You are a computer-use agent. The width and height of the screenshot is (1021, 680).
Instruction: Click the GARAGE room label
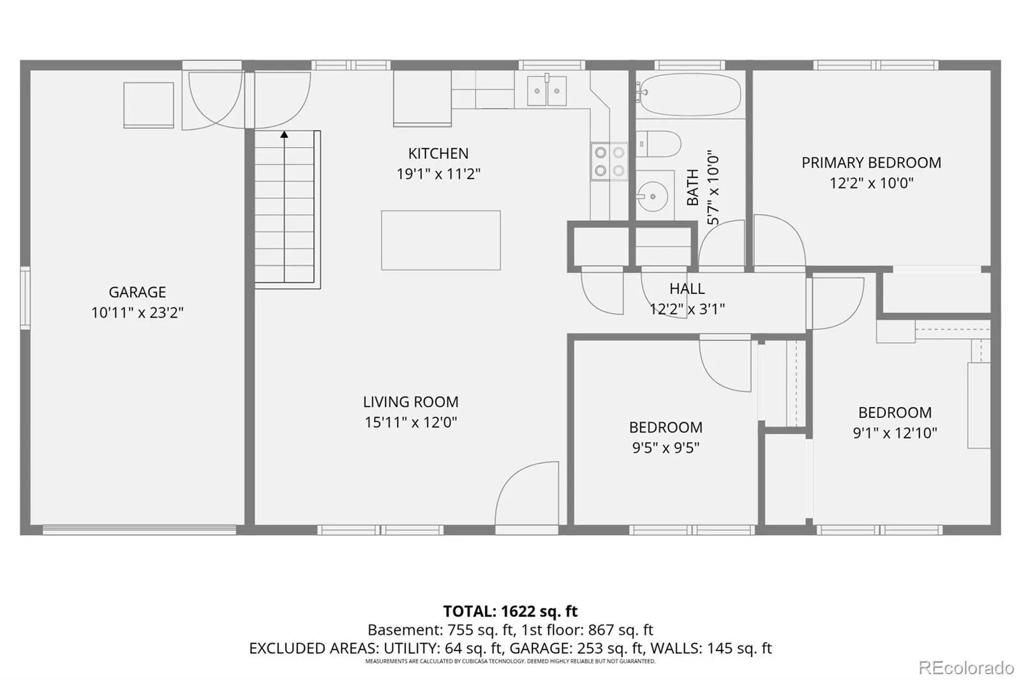137,292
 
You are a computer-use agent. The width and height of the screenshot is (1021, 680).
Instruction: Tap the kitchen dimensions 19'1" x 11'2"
438,174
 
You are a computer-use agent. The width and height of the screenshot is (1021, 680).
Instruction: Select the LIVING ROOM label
411,401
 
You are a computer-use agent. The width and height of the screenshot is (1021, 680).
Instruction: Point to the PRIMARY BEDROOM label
871,163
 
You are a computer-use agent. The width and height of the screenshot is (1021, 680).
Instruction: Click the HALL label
687,288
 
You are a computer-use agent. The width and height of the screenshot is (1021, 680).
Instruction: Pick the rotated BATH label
692,188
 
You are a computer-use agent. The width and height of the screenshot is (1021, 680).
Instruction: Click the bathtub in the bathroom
689,95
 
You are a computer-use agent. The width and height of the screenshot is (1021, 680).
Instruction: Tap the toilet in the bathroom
658,144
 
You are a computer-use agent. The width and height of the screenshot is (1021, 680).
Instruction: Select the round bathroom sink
652,197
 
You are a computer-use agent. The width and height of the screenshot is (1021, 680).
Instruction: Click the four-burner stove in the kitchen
609,161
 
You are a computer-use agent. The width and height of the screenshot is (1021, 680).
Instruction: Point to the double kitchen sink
547,91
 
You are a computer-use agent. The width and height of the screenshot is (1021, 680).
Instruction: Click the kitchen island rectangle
441,240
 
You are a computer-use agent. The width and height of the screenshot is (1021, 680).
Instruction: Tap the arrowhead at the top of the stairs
285,135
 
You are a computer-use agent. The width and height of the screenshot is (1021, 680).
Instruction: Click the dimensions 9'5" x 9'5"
666,448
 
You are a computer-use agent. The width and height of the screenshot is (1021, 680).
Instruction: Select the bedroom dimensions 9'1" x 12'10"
895,432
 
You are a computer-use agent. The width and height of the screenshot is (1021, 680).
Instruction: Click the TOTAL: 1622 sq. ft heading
511,610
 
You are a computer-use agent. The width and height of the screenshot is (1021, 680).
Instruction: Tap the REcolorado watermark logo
966,668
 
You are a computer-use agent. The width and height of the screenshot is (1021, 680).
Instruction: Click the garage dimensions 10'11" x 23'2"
137,313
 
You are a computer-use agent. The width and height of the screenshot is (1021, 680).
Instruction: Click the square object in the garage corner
149,105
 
